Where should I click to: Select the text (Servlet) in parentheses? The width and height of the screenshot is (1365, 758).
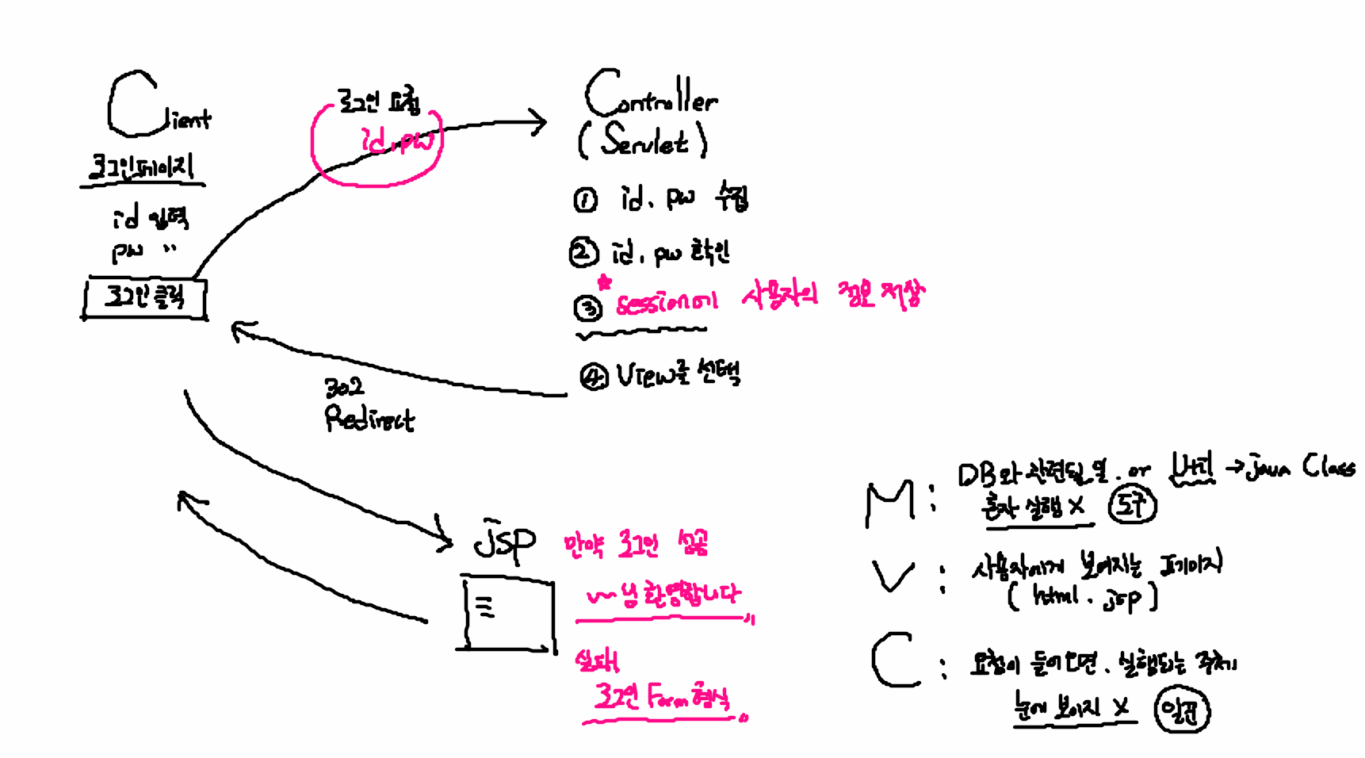643,140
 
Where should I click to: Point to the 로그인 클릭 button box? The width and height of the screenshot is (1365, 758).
144,298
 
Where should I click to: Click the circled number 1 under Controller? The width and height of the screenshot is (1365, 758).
585,200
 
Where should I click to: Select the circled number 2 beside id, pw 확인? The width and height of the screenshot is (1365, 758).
583,253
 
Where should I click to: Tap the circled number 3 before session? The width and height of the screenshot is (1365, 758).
587,308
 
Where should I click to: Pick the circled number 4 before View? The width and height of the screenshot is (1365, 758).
593,377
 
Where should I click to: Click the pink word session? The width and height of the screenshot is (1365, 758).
666,303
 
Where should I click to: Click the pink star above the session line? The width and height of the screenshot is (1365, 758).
605,282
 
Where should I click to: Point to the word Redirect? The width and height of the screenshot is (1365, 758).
369,419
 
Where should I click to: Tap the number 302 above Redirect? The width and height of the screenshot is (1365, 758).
344,387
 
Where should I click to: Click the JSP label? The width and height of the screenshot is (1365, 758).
504,542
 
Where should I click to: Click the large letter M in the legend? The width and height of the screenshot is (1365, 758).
889,504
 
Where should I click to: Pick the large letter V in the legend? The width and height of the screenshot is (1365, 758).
893,576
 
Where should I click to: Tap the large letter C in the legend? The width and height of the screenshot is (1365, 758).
894,660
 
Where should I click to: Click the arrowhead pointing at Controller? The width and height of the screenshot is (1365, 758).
539,123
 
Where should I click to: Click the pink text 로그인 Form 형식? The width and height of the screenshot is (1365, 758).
661,698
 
